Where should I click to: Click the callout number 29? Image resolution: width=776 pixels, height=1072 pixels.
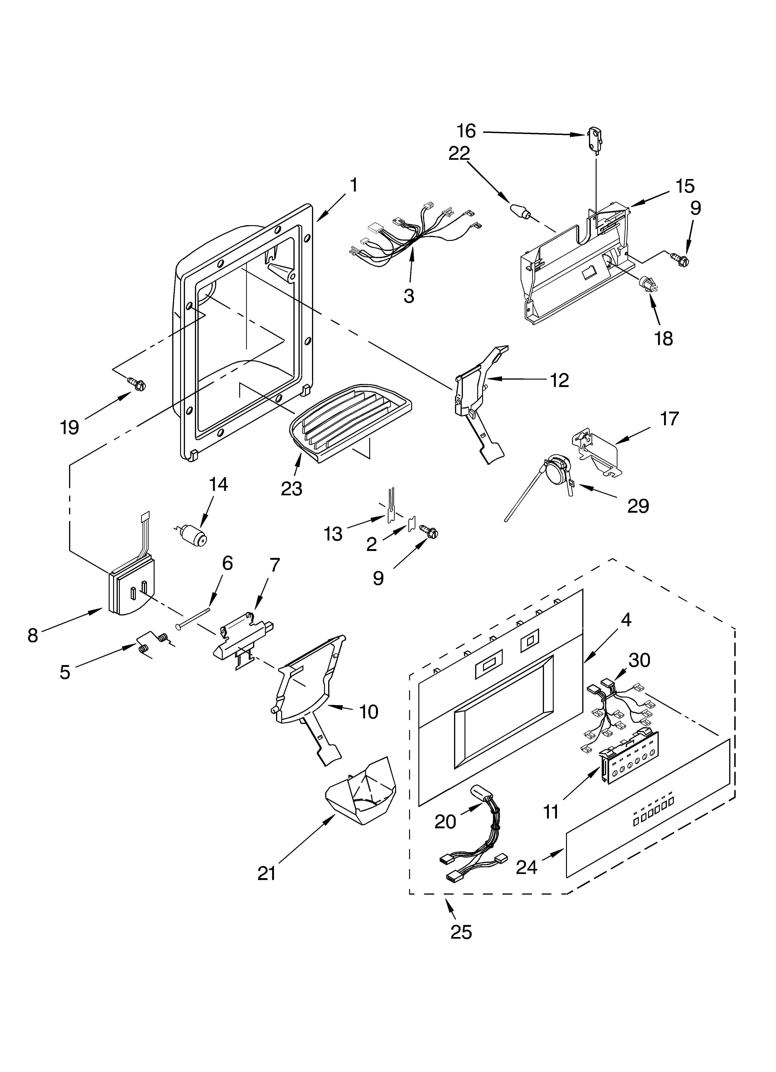point(638,506)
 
